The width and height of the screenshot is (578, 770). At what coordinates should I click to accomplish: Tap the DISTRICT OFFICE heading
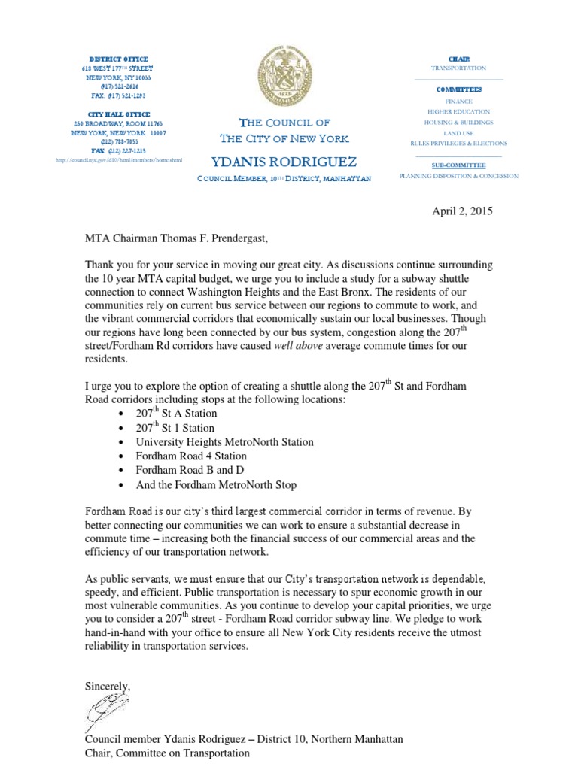click(x=119, y=59)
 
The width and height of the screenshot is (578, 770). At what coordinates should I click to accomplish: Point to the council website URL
click(x=119, y=160)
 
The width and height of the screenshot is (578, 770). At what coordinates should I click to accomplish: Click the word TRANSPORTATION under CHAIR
click(x=458, y=68)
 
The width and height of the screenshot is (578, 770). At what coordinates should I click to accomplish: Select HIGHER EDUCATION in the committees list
click(x=458, y=111)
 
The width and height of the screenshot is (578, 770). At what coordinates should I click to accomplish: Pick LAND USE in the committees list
click(x=458, y=132)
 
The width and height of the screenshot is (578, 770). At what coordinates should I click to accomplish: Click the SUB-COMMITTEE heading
click(x=458, y=165)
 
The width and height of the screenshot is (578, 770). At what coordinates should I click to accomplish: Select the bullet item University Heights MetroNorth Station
click(x=225, y=441)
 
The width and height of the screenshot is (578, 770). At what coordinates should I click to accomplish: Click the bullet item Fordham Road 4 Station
click(x=191, y=456)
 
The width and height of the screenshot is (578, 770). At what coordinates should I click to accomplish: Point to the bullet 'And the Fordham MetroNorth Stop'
click(x=217, y=484)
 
